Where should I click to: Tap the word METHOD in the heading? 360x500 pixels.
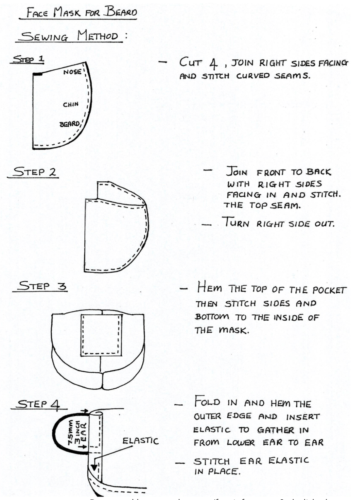click(x=97, y=36)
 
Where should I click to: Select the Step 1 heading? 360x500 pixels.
click(x=28, y=59)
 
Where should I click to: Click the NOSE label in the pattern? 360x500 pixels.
click(x=72, y=72)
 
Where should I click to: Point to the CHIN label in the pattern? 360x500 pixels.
click(x=71, y=105)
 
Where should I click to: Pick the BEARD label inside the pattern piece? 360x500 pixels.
click(x=70, y=124)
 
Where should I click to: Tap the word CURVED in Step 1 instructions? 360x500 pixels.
click(x=253, y=76)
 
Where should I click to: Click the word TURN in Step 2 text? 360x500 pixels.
click(x=237, y=223)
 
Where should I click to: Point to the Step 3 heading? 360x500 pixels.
click(x=42, y=286)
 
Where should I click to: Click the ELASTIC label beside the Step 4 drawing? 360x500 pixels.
click(x=140, y=441)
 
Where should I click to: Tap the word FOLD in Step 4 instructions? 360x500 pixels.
click(x=207, y=402)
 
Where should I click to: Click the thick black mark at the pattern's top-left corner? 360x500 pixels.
click(x=37, y=74)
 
